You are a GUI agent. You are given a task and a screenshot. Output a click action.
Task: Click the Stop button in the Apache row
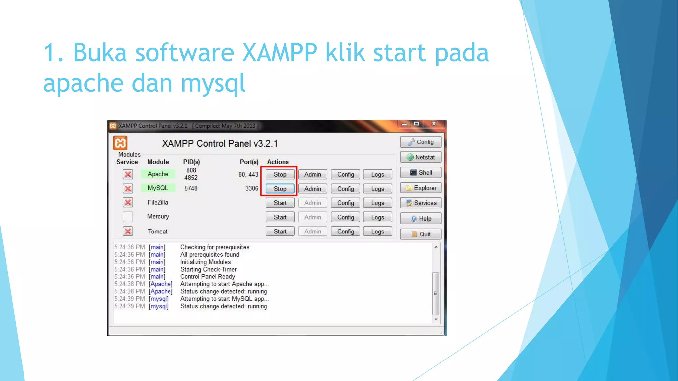click(280, 174)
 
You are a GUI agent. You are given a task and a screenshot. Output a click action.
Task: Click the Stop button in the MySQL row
click(280, 189)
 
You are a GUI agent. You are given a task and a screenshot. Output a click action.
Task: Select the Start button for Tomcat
click(280, 232)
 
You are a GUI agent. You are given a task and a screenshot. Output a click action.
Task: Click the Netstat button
click(420, 157)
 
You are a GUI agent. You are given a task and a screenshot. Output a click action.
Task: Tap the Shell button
click(420, 173)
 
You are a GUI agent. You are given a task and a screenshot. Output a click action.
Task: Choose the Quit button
click(420, 234)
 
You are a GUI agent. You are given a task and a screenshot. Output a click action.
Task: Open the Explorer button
click(420, 188)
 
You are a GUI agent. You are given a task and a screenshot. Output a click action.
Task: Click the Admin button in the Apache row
click(313, 174)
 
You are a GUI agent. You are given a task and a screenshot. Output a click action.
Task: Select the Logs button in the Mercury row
click(377, 217)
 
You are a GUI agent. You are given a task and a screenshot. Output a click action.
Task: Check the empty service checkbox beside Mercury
click(128, 217)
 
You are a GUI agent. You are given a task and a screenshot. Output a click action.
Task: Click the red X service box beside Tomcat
click(128, 231)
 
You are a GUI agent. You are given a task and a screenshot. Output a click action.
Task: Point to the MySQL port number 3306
click(252, 188)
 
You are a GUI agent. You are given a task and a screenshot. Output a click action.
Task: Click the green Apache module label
click(158, 174)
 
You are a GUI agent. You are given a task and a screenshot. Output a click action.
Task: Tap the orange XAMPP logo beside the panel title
click(120, 143)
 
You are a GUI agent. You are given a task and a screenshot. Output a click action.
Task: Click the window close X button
click(434, 124)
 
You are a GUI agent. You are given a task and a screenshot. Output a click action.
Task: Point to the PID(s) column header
click(191, 162)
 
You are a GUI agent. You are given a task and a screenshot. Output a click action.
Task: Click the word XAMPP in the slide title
click(280, 53)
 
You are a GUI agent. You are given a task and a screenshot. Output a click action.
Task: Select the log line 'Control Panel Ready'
click(208, 276)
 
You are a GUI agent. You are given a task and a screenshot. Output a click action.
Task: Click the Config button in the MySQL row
click(345, 189)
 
